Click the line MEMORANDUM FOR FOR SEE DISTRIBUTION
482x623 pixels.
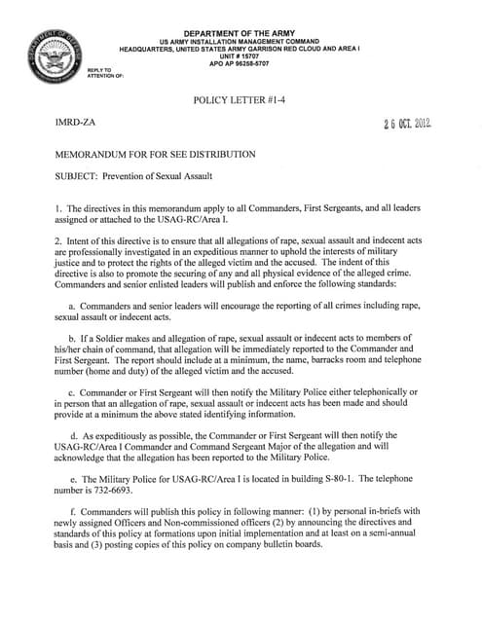(156, 155)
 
